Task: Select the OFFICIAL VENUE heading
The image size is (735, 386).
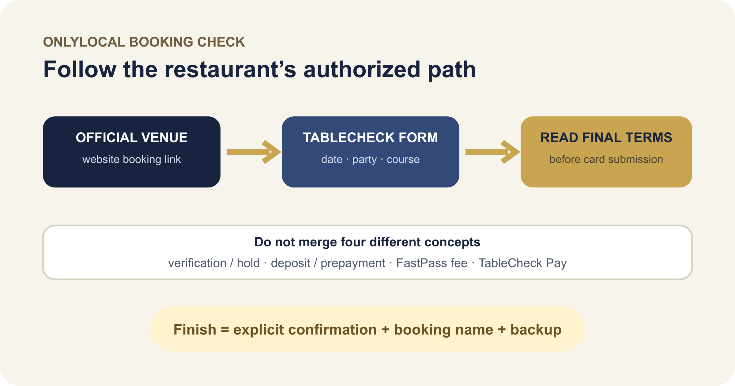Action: [132, 138]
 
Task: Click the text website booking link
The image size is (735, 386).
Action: [132, 159]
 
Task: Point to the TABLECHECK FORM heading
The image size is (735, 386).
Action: [371, 138]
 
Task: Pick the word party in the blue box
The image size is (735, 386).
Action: [365, 160]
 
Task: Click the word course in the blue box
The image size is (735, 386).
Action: [403, 160]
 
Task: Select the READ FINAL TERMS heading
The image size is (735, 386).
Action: [606, 138]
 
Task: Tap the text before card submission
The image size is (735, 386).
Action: [606, 159]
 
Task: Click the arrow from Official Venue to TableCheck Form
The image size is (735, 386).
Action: [254, 152]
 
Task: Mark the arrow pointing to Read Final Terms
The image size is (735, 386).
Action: [493, 152]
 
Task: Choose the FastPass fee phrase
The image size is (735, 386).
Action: [432, 263]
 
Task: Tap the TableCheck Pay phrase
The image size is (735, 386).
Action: [522, 263]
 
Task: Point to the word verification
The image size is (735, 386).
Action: [197, 263]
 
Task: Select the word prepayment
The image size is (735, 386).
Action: [353, 263]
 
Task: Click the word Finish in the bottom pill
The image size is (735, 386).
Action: [195, 330]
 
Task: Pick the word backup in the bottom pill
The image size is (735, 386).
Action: [536, 330]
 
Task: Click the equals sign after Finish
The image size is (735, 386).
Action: [225, 330]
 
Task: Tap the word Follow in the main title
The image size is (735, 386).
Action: [80, 70]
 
